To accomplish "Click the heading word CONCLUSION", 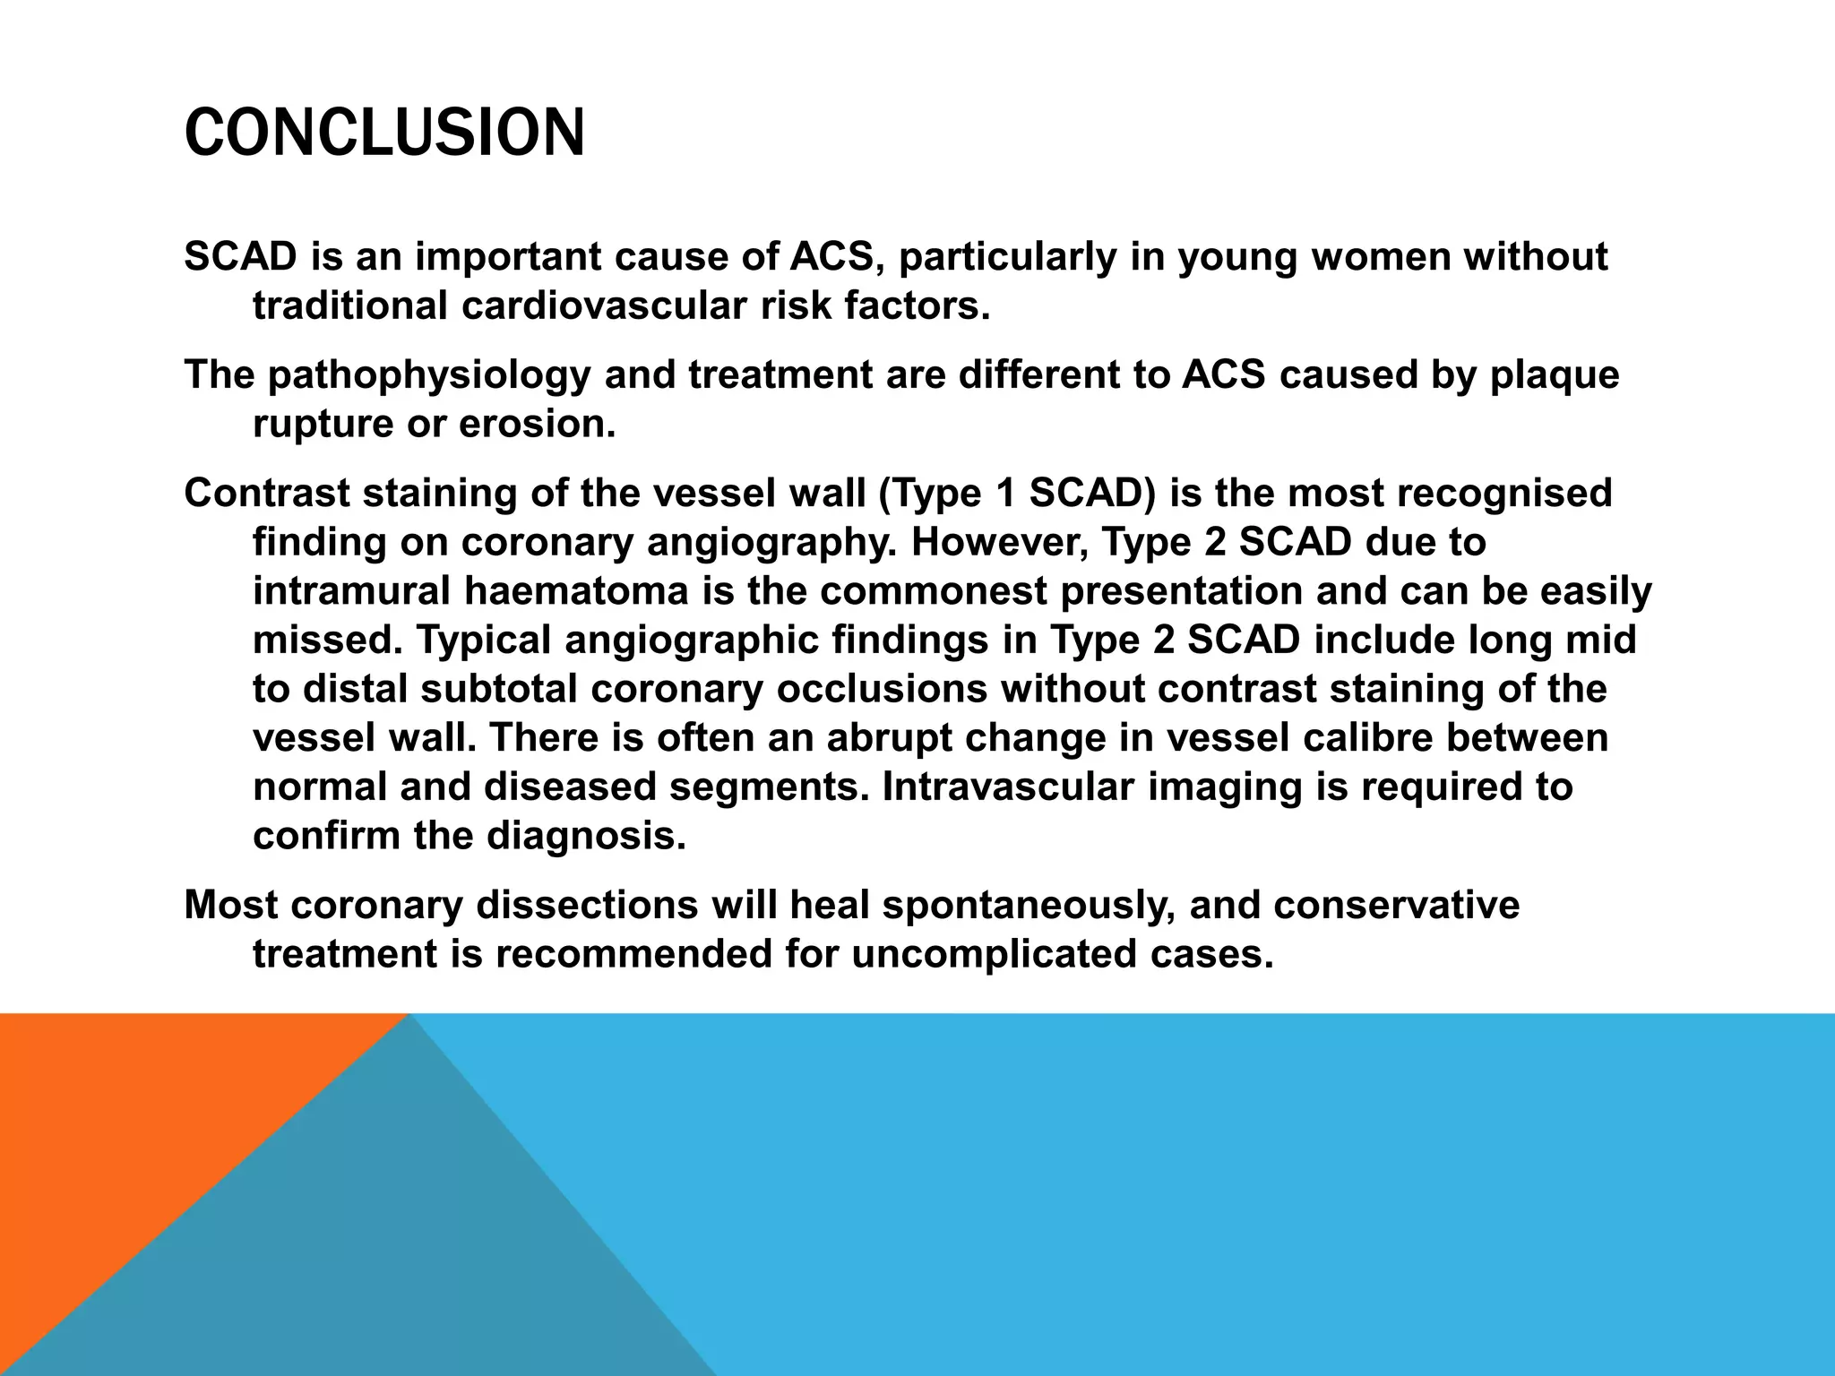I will pos(383,133).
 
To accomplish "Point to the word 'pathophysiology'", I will pos(429,375).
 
